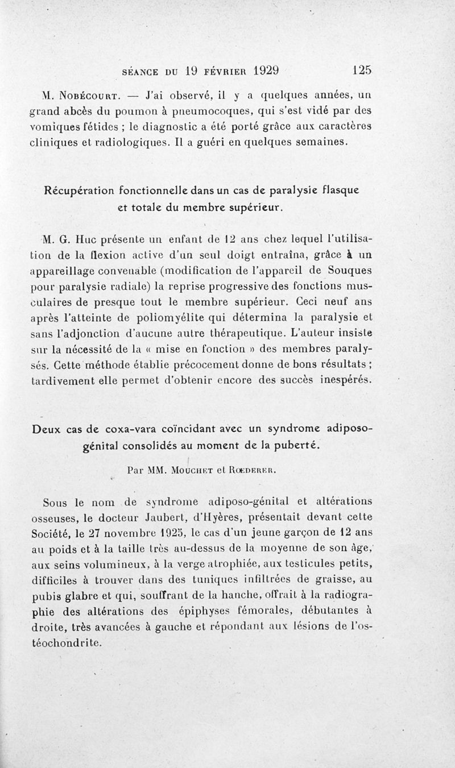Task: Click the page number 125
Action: click(x=361, y=70)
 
